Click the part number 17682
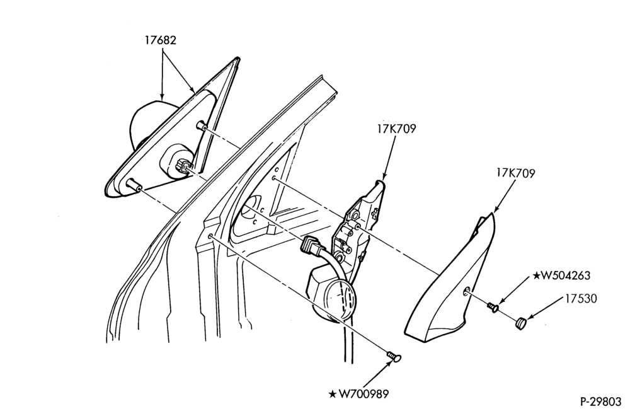tap(161, 40)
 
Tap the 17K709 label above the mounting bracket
tap(396, 129)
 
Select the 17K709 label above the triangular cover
tap(515, 173)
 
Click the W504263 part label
tap(566, 275)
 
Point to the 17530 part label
tap(581, 299)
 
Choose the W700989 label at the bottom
tap(364, 394)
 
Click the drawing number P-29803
tap(600, 402)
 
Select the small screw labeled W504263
tap(493, 308)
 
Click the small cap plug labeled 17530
tap(521, 323)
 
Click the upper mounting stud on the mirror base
tap(202, 126)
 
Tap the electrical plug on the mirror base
tap(183, 166)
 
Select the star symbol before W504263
tap(537, 275)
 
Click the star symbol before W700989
tap(333, 395)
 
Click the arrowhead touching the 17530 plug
tap(530, 316)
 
